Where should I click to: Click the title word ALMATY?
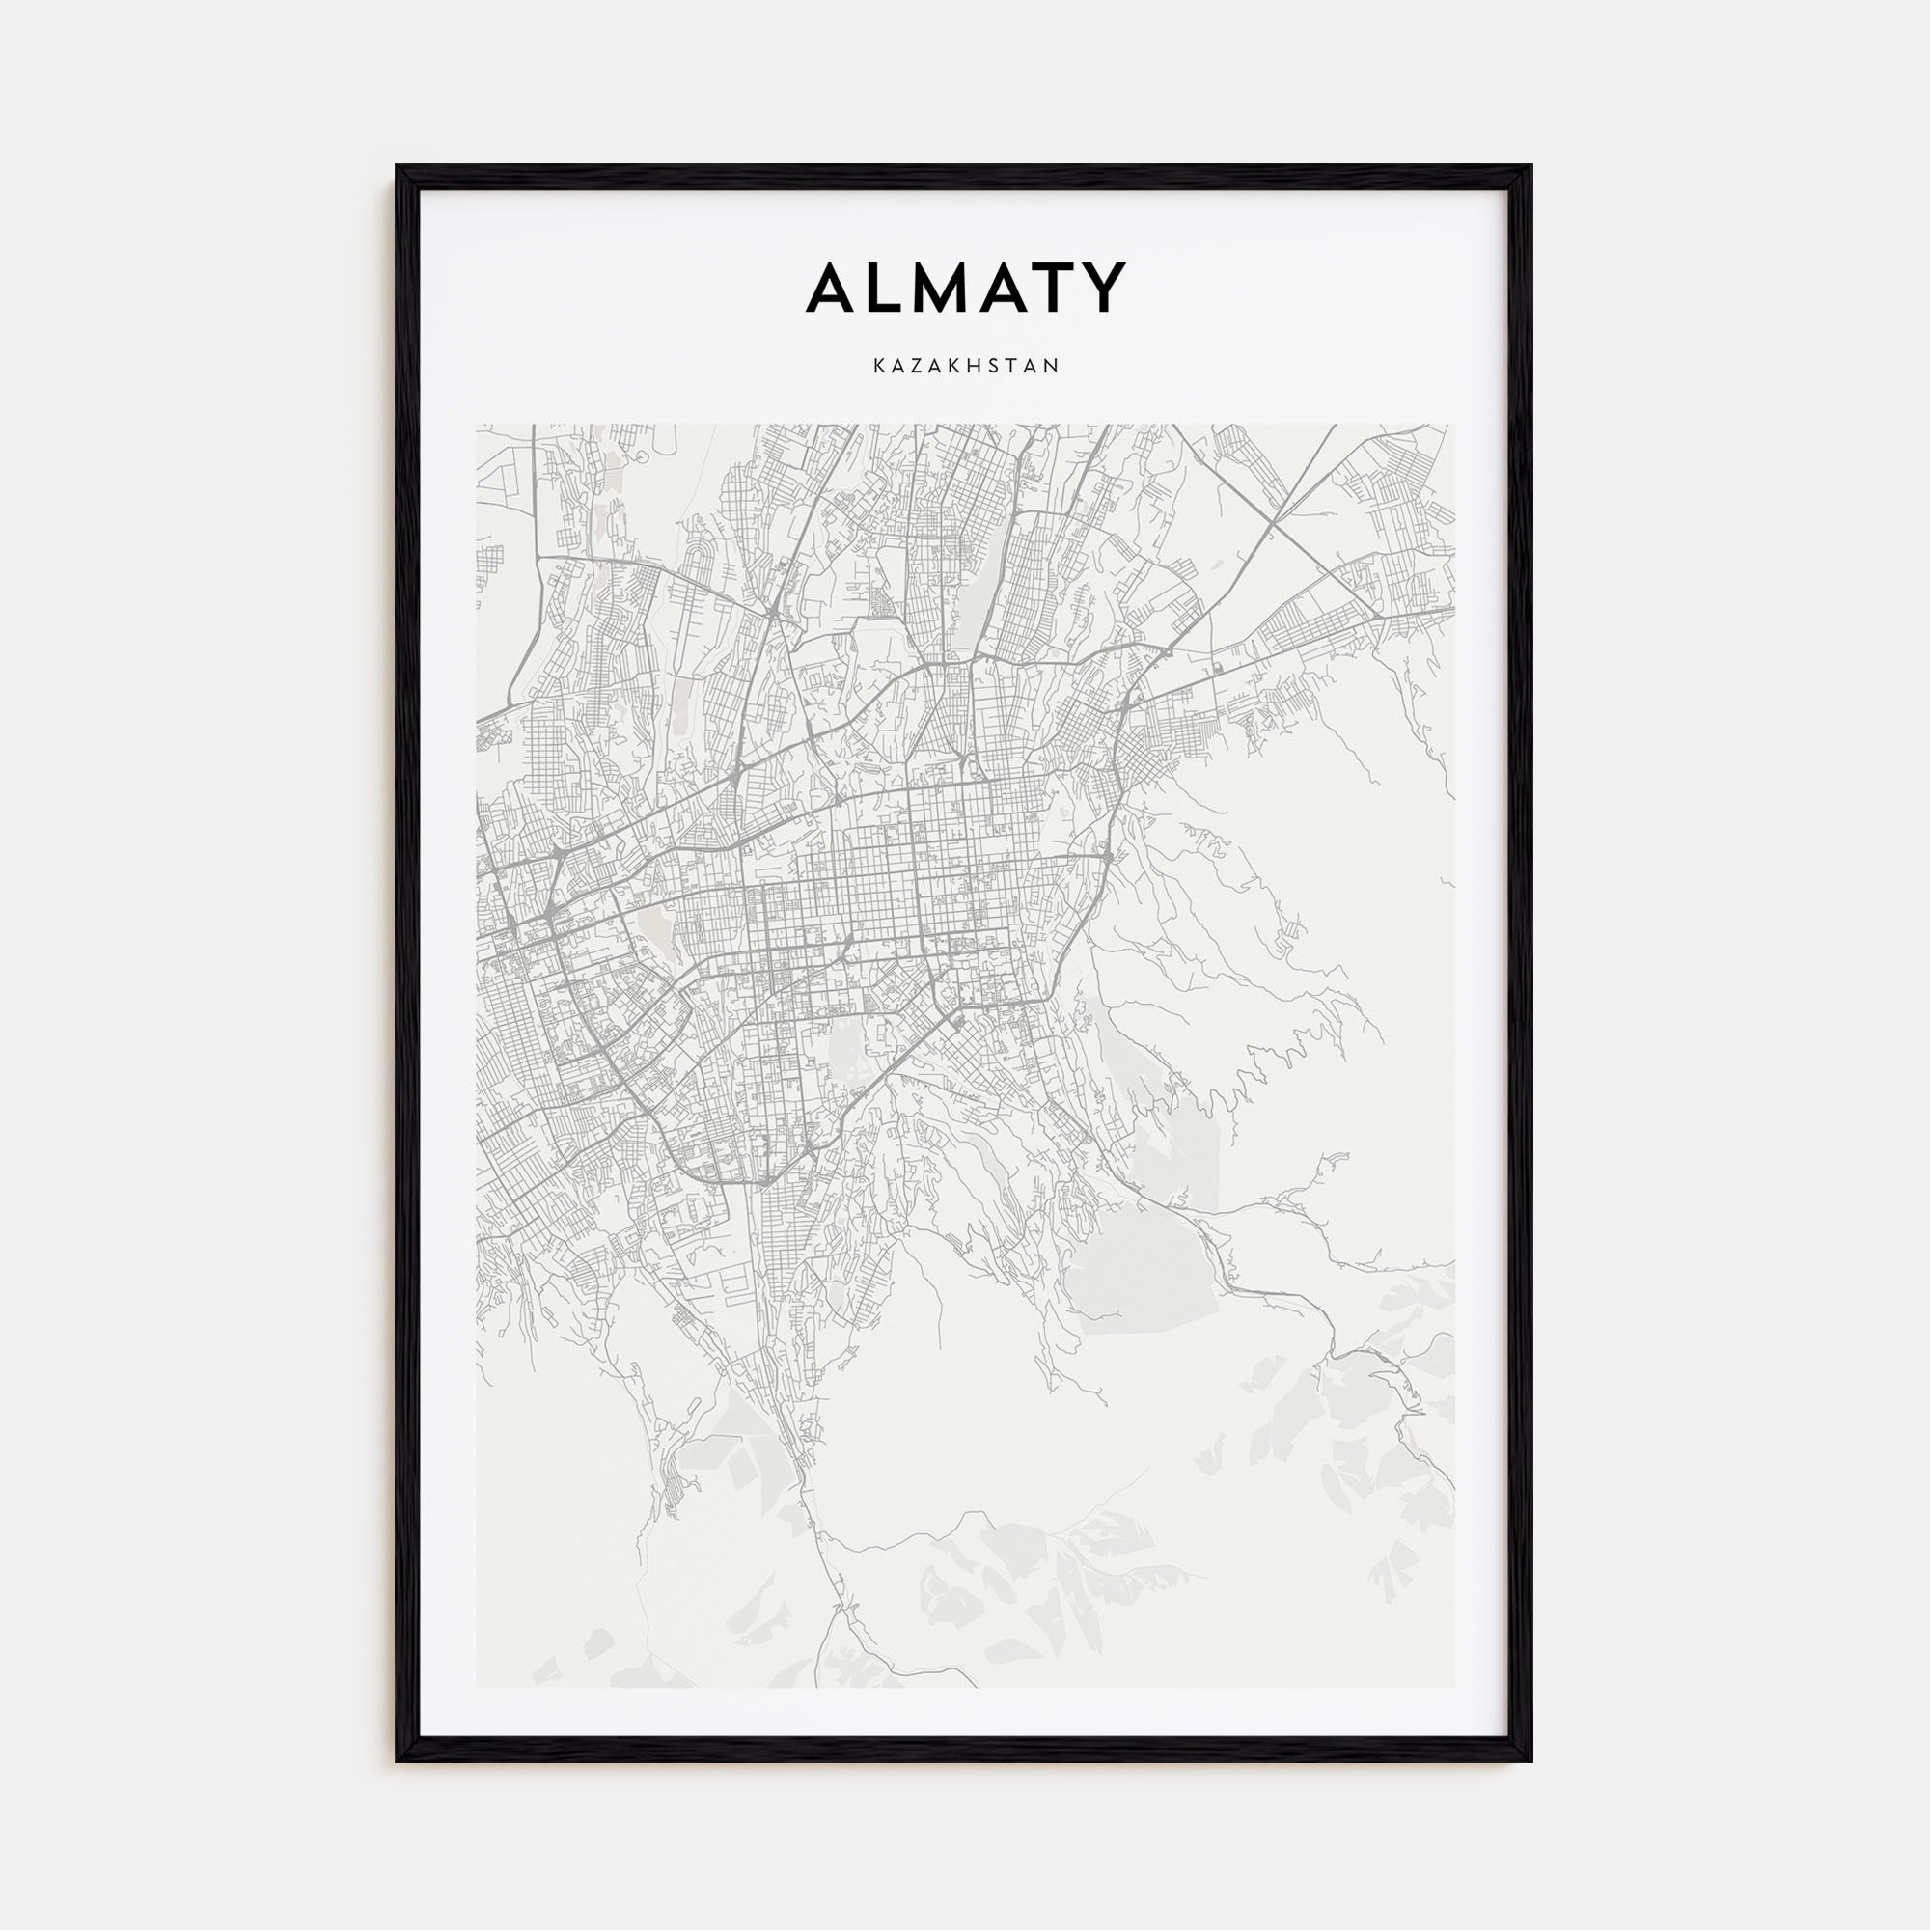966,288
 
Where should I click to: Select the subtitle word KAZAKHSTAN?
966,367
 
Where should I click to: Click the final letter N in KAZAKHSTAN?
1052,367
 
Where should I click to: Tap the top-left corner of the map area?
477,425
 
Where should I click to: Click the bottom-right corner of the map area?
1453,1687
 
